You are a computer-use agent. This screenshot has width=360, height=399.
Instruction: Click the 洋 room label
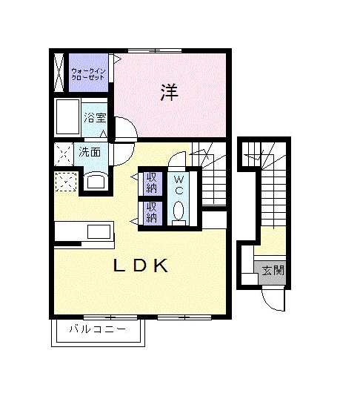click(169, 93)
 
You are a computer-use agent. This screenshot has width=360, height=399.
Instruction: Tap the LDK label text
click(141, 266)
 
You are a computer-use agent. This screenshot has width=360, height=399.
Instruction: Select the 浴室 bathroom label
click(95, 118)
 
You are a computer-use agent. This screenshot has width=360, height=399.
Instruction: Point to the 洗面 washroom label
click(90, 152)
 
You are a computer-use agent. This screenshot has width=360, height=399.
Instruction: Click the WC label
click(179, 185)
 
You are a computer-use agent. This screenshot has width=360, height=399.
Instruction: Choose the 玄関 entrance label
click(273, 270)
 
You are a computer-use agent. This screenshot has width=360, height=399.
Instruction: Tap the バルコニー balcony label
click(98, 329)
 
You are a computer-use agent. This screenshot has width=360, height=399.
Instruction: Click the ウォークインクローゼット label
click(88, 74)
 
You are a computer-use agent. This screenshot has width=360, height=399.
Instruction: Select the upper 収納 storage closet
click(152, 184)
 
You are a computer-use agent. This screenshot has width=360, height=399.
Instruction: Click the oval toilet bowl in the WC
click(179, 210)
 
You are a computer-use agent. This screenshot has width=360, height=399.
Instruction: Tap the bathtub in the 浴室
click(67, 116)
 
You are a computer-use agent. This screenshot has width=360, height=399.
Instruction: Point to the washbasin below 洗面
click(96, 181)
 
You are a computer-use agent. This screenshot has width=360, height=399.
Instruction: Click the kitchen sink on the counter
click(99, 232)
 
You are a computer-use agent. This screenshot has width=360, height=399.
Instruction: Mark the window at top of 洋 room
click(155, 50)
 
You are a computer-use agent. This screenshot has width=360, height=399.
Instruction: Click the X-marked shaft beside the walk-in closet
click(59, 73)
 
